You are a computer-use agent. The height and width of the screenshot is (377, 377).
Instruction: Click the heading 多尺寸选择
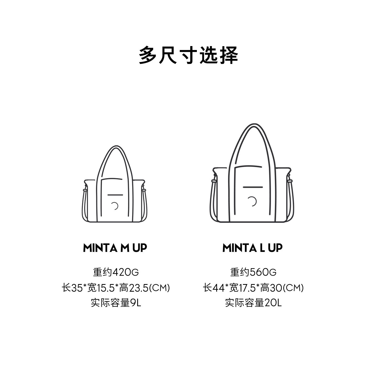pos(188,55)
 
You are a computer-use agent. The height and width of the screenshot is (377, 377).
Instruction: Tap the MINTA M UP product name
pos(115,248)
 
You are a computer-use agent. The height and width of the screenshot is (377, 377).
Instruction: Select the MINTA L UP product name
pos(252,248)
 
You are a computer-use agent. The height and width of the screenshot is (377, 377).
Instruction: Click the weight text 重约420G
pos(115,272)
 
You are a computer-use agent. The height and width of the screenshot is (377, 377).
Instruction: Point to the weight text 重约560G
pos(253,272)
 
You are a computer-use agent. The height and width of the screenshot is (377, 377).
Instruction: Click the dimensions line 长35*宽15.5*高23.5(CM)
pos(116,288)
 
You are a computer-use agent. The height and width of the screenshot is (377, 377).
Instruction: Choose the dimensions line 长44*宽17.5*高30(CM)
pos(253,288)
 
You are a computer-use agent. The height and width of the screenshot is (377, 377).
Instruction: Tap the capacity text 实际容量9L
pos(116,303)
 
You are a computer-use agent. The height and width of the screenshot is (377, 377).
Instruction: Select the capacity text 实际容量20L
pos(253,303)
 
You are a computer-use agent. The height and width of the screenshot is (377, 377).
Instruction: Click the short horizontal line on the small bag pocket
pos(115,195)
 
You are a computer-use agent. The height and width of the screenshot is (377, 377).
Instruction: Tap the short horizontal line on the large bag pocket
pos(253,187)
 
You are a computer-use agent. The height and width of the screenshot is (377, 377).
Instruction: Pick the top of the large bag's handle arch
pos(252,125)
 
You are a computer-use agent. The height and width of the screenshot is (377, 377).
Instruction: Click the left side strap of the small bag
pos(84,204)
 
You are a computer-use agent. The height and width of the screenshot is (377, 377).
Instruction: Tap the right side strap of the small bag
pos(145,204)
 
